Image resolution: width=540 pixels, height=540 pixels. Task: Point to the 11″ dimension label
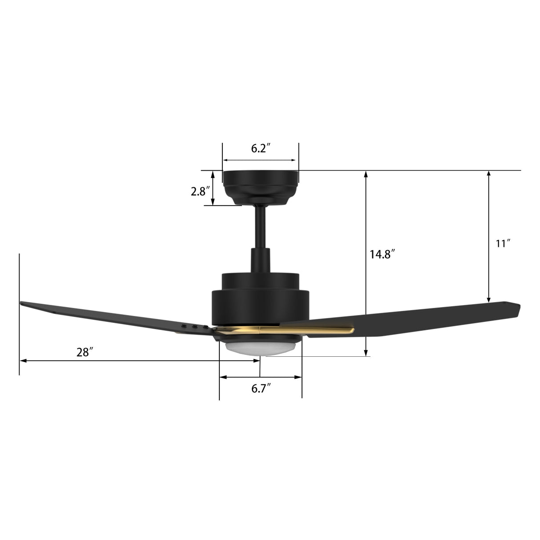coord(503,243)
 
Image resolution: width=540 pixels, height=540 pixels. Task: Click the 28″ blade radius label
coord(85,352)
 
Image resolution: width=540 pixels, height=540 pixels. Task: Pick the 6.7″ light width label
coord(261,389)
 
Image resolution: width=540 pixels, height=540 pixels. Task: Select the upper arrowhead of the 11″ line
coord(489,174)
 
